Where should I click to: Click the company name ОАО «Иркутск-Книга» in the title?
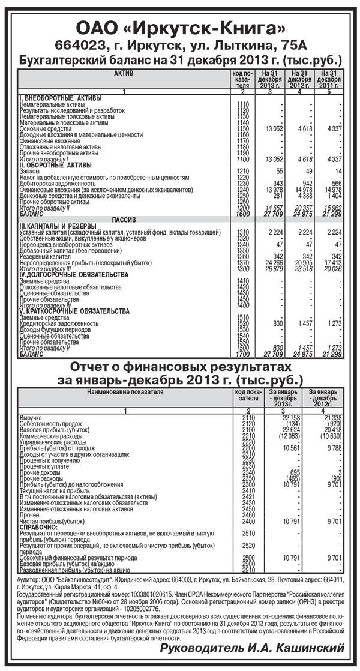(x=179, y=28)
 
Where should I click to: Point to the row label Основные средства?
(x=44, y=128)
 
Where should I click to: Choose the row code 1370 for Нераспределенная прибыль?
(x=242, y=262)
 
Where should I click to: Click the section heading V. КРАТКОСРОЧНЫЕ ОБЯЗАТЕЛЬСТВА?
(x=74, y=311)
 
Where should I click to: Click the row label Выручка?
(x=31, y=418)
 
